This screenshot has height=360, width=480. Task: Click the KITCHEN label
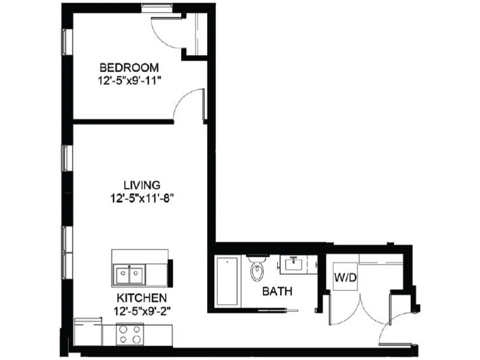142,298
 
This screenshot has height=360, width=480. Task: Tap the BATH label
277,292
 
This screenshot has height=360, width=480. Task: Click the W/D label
344,277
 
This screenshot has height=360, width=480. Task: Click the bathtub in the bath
227,281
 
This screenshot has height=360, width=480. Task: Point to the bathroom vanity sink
294,264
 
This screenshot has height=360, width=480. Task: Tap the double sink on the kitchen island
130,275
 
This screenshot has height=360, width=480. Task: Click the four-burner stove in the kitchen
129,334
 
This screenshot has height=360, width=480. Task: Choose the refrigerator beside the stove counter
88,332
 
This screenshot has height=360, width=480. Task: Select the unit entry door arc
393,329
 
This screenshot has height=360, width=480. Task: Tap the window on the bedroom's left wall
67,42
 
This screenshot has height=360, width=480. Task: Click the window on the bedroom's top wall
158,8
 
